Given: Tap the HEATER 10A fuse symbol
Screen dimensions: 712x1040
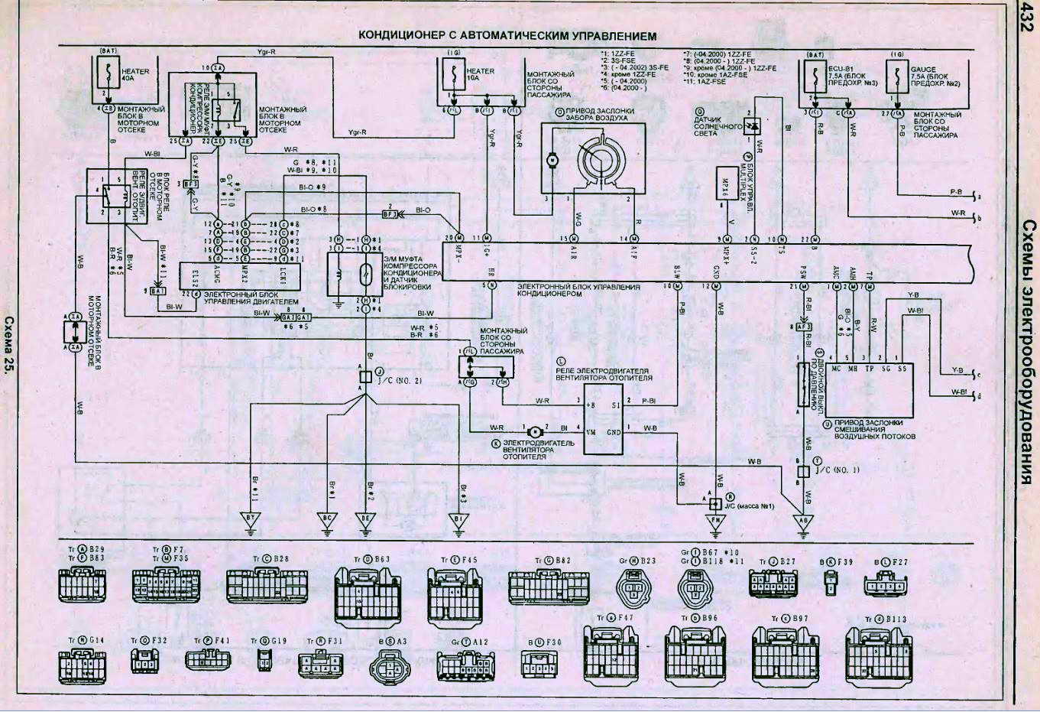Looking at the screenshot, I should coord(455,76).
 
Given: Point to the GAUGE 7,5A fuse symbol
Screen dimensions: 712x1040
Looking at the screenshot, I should coord(896,76).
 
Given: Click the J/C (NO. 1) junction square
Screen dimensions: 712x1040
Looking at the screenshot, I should coord(802,472).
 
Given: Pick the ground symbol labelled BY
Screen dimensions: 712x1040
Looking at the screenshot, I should coord(250,520).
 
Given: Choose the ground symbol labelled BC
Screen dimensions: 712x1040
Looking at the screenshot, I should coord(327,520).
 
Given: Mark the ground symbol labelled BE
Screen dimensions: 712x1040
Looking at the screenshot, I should coord(365,520).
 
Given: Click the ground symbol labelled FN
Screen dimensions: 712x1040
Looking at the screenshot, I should coord(716,523).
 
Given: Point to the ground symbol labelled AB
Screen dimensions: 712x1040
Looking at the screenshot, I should coord(802,523).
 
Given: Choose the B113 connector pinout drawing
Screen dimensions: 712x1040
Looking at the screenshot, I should coord(879,655).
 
